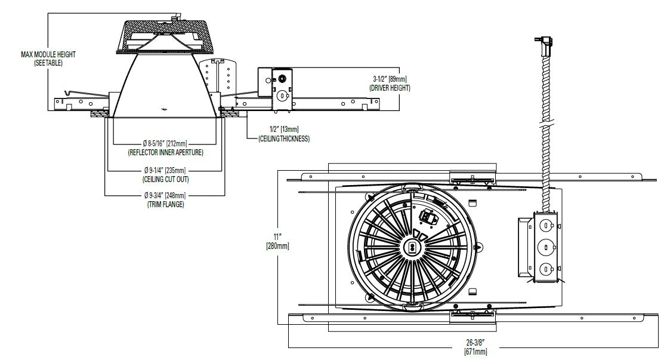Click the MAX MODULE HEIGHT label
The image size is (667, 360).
coord(48,54)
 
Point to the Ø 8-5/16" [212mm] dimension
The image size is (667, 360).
coord(165,144)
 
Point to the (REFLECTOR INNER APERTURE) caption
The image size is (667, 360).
coord(165,153)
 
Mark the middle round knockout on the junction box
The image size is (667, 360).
coord(544,247)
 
